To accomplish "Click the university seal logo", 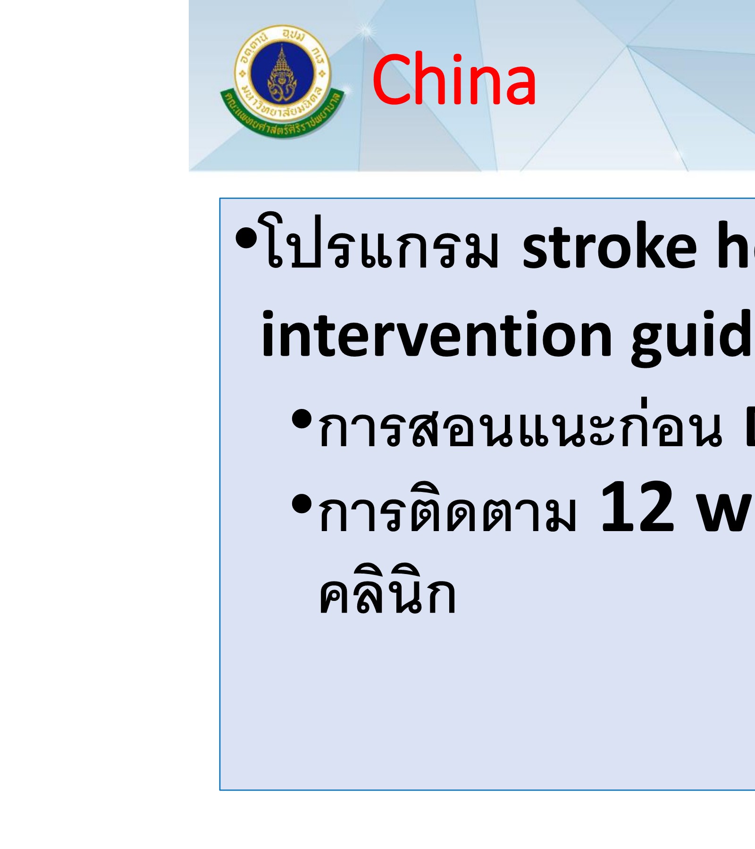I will (x=282, y=81).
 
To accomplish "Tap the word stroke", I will (x=609, y=247).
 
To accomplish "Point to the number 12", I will (x=637, y=507).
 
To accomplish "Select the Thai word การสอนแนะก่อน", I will (x=519, y=427).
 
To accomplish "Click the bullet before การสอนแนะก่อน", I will (x=302, y=420).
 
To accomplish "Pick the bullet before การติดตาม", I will (x=302, y=505).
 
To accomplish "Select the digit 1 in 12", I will (x=616, y=507).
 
